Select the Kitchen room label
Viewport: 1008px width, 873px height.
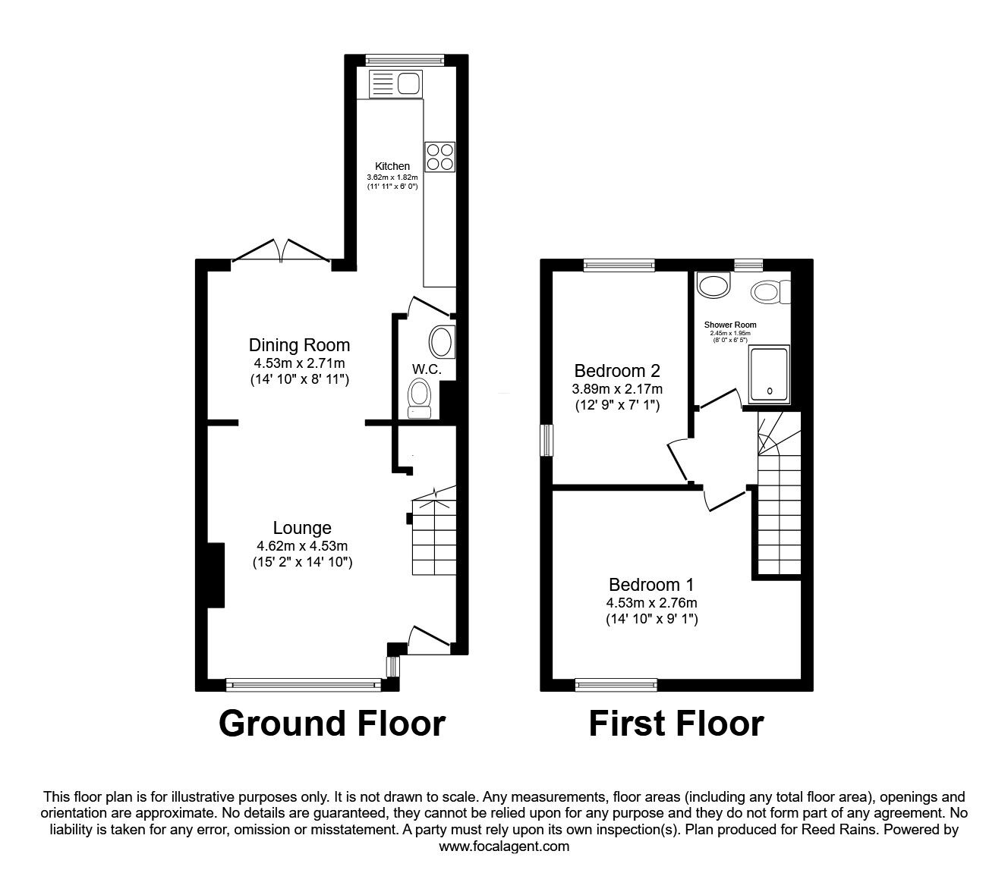(392, 166)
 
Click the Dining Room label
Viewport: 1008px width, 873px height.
(300, 345)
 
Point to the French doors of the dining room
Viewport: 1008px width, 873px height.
(281, 250)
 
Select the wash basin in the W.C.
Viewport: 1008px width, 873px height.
(441, 342)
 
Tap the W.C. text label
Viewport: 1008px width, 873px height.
(427, 369)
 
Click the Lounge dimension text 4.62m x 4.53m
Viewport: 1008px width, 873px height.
(302, 545)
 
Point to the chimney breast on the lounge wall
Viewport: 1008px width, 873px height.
(214, 575)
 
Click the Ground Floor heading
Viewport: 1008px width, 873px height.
(332, 724)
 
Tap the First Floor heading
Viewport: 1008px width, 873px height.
(676, 724)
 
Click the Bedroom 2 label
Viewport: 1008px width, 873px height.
(617, 371)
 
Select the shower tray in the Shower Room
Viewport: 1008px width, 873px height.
(770, 374)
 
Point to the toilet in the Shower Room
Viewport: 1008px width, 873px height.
(769, 292)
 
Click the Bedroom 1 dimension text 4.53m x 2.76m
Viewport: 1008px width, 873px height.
(651, 603)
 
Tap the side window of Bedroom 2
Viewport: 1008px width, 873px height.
(547, 440)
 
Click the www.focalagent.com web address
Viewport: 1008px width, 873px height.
(504, 846)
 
